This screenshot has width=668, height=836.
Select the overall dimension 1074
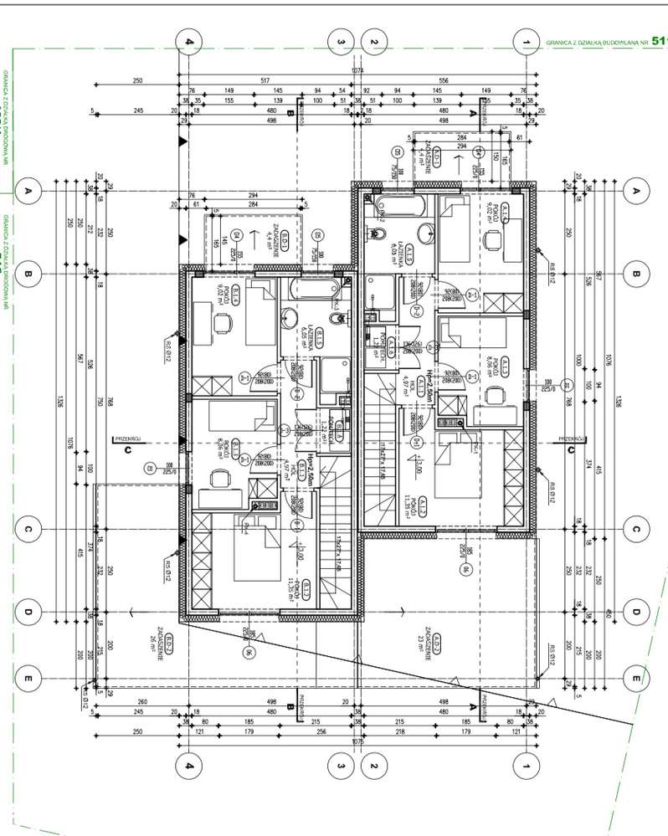click(357, 70)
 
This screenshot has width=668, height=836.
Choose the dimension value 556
click(443, 81)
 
